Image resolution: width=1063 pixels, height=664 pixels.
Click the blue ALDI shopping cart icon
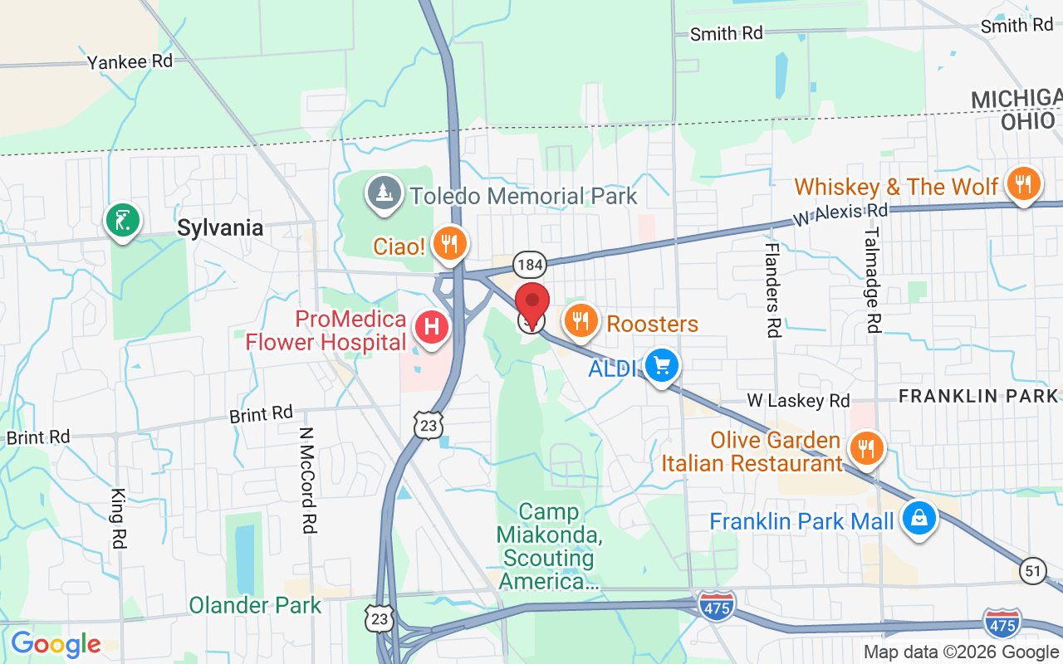662,365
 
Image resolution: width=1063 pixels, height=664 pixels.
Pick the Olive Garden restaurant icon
866,449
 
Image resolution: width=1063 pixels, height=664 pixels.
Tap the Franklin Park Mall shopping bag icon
918,519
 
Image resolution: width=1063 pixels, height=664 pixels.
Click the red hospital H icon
432,327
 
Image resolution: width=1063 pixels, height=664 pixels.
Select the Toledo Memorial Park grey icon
384,193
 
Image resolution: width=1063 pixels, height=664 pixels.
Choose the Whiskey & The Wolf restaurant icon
1023,183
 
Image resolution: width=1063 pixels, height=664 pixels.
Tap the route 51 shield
1032,571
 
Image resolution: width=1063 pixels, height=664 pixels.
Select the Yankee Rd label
130,61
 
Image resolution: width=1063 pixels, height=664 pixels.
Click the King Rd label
117,518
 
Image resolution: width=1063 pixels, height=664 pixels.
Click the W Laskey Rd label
798,401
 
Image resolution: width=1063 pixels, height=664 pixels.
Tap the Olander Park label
255,605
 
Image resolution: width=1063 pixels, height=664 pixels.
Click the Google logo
56,644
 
